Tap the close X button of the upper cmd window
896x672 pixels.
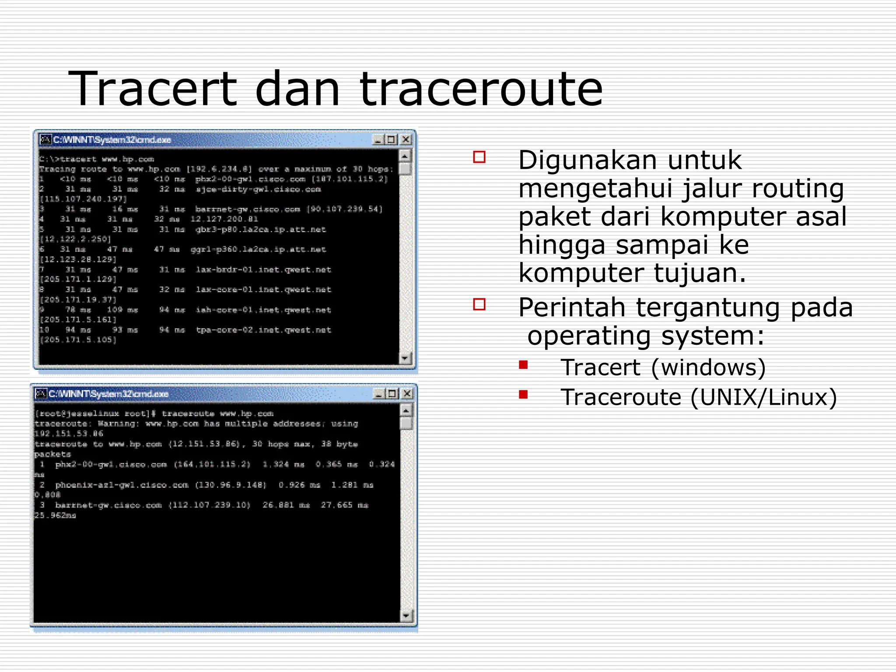tap(406, 140)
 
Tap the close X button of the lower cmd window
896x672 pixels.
tap(406, 394)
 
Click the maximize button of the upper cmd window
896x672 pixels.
tap(392, 140)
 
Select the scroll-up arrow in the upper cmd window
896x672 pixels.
tap(405, 156)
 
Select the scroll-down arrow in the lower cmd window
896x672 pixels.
tap(406, 616)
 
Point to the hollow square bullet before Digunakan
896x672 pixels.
tap(479, 157)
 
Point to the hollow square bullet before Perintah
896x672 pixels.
tap(479, 304)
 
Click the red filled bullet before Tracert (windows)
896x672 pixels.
tap(523, 364)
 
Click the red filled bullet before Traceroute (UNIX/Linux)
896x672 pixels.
tap(523, 395)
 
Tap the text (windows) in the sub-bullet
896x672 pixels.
tap(708, 367)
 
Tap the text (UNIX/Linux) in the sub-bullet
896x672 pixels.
tap(763, 398)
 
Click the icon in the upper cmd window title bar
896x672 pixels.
tap(45, 140)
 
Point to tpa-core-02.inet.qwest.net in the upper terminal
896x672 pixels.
tap(263, 330)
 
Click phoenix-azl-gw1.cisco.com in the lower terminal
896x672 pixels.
tap(122, 485)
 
